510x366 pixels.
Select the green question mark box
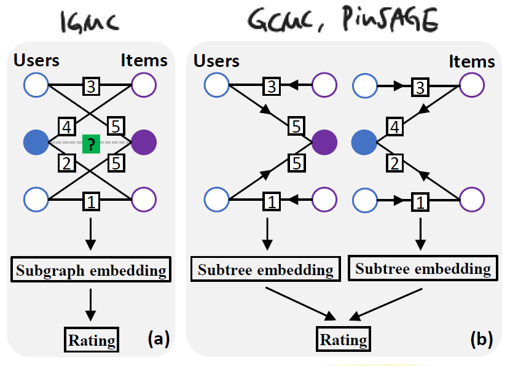[91, 144]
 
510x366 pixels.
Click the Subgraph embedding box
[91, 270]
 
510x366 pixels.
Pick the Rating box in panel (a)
[91, 340]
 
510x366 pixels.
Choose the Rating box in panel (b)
[344, 340]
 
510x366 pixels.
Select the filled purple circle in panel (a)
[144, 142]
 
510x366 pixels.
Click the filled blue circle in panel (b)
[364, 142]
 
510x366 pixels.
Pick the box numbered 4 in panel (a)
[66, 127]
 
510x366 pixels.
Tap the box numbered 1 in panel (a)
[91, 200]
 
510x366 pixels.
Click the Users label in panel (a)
[36, 60]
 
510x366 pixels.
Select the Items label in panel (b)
[471, 62]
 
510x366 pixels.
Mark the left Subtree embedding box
[265, 270]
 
